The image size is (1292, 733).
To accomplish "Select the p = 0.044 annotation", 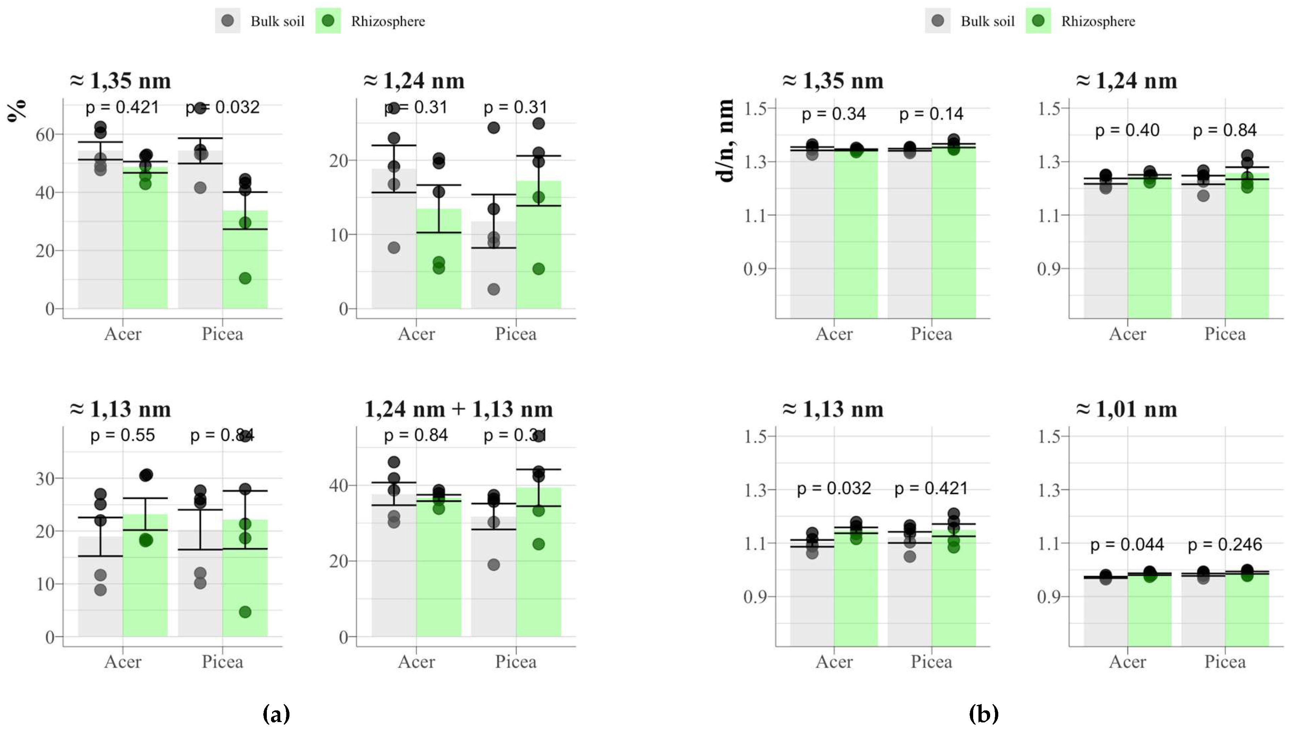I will [x=1127, y=544].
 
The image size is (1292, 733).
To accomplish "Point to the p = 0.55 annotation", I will [x=122, y=435].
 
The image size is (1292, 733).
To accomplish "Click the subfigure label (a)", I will [x=276, y=713].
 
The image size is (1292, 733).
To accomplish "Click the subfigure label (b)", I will [x=983, y=713].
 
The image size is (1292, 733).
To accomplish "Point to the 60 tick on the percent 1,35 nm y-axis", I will [x=45, y=134].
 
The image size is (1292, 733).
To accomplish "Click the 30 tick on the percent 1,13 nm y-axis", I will [x=45, y=478].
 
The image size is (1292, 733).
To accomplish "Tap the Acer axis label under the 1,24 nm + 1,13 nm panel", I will [x=416, y=662].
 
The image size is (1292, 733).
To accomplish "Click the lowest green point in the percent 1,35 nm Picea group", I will [x=245, y=278].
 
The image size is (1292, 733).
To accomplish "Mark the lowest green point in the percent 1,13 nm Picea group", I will [x=245, y=612].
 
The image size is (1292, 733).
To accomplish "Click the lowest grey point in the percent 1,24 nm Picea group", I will [x=494, y=289].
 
